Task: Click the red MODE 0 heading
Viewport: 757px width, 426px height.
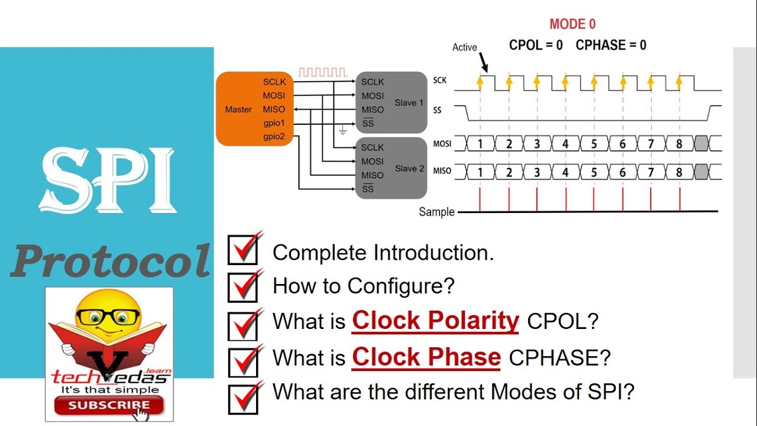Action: (x=572, y=24)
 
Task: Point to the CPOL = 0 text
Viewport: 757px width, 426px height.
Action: (x=536, y=45)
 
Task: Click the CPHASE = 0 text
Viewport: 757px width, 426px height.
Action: (x=611, y=45)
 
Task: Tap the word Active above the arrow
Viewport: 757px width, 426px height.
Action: (x=464, y=47)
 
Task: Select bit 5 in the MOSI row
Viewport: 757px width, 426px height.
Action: (x=594, y=144)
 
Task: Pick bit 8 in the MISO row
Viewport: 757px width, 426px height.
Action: (x=679, y=172)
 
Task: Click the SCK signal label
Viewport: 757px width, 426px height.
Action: (x=440, y=80)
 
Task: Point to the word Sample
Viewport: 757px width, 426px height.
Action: (x=436, y=212)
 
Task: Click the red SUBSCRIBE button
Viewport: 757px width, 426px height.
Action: (x=108, y=405)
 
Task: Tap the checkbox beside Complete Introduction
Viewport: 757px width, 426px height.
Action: (x=242, y=250)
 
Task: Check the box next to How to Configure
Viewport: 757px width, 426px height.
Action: (x=242, y=287)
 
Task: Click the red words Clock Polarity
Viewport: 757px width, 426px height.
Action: (x=435, y=321)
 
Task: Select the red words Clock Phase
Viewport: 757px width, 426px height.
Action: (x=426, y=357)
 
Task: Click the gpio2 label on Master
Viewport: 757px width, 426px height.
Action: (x=274, y=137)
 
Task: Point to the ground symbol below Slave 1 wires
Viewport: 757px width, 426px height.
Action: (x=342, y=131)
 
